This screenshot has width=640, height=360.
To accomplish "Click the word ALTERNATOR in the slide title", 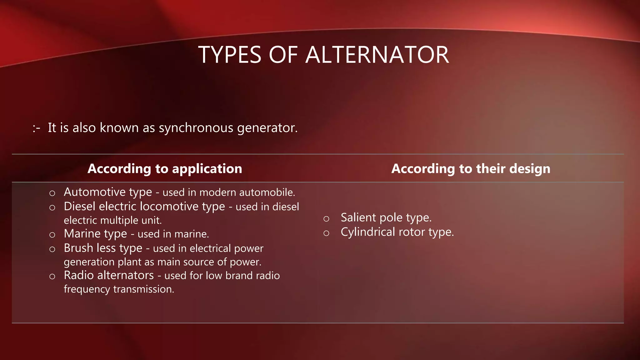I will [x=377, y=55].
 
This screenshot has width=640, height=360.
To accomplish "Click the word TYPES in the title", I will [x=230, y=55].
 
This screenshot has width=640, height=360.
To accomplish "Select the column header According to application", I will [x=165, y=169].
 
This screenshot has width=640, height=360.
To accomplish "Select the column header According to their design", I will [x=471, y=169].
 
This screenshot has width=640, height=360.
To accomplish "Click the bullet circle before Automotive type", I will [x=52, y=193].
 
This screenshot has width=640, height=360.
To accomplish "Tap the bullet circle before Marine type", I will [x=52, y=235].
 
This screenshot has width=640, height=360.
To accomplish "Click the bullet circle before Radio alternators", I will [x=52, y=277].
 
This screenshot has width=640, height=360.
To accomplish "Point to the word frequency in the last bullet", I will [x=87, y=289].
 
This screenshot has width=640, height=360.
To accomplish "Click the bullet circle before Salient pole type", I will [x=326, y=219].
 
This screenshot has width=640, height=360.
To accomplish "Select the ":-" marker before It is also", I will [x=36, y=128].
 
